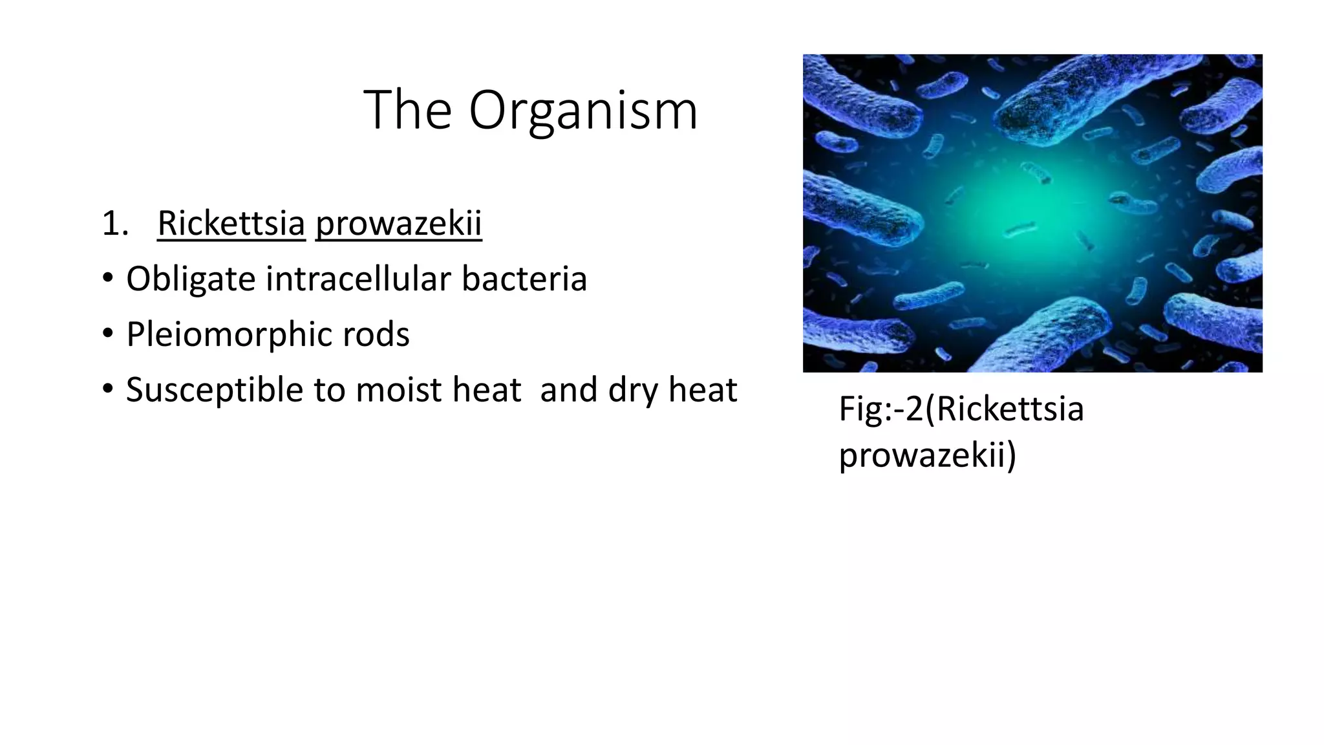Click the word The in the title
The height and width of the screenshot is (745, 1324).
407,110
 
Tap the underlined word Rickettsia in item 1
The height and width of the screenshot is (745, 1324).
231,224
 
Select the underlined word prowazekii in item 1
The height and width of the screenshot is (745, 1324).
398,224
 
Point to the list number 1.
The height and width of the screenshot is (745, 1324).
114,224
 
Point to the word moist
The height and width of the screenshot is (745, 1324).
398,390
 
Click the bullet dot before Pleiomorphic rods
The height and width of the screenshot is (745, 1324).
108,335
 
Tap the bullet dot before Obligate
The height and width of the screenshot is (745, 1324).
108,279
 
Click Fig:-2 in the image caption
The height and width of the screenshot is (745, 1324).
881,409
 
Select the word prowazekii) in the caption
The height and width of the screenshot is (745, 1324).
927,455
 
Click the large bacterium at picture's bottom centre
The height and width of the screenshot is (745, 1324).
1047,336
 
